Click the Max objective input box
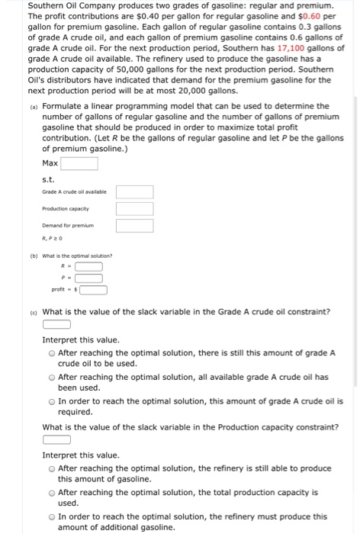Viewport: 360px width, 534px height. coord(79,163)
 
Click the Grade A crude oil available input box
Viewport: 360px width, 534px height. coord(134,192)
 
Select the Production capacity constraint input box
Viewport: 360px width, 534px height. coord(134,208)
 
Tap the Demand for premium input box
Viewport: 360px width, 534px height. coord(134,225)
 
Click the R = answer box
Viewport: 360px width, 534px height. coord(88,266)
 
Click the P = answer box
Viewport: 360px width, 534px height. coord(88,278)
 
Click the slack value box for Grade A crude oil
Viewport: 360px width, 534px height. coord(56,324)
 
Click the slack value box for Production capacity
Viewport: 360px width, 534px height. coord(56,439)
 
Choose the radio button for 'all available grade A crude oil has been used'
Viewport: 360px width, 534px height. coord(51,377)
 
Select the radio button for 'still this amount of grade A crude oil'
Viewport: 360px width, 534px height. coord(51,353)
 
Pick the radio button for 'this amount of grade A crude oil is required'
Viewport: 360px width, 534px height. coord(51,400)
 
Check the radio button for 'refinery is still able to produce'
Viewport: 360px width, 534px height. coord(51,468)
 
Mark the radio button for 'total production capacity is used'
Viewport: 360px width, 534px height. coord(51,493)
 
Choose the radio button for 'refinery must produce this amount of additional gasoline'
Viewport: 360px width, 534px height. coord(51,516)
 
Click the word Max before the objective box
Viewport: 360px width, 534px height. coord(50,163)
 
